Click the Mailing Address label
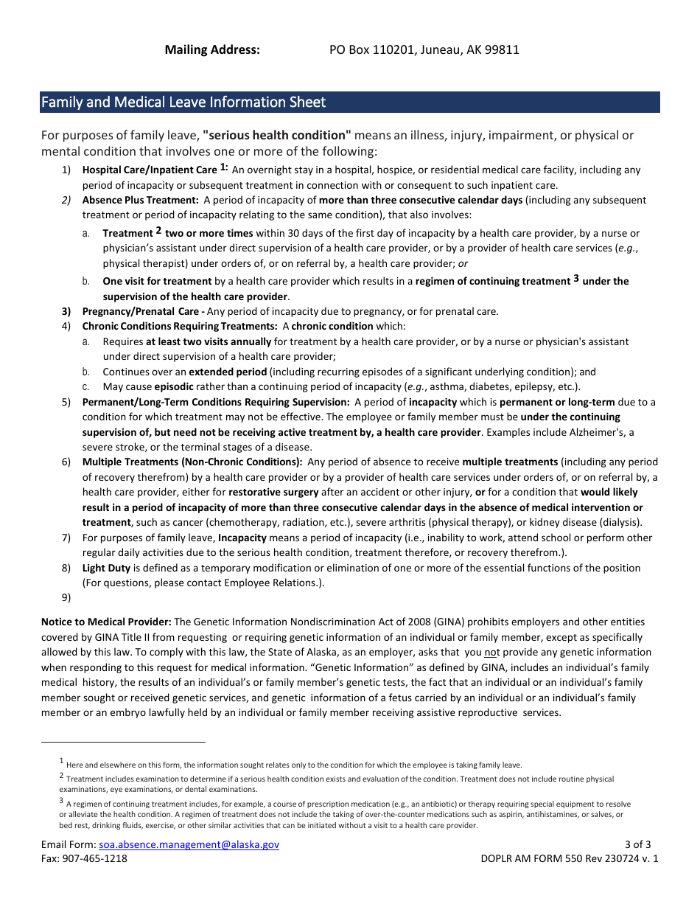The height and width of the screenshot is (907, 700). [x=212, y=50]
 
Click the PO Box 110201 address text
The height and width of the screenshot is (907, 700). [x=424, y=50]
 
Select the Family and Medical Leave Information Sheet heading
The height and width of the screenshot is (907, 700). [x=183, y=102]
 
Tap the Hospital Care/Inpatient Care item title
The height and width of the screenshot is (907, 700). [x=150, y=170]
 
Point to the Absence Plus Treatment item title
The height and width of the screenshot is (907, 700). [x=140, y=201]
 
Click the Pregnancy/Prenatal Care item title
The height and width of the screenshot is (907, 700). [x=140, y=311]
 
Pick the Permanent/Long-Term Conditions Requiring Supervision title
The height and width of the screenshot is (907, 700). [x=216, y=403]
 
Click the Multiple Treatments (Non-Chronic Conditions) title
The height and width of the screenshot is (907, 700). [x=192, y=462]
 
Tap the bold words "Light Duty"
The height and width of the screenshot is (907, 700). [x=106, y=569]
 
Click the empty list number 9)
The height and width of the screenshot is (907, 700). [x=66, y=598]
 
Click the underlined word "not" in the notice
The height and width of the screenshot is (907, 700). [x=491, y=653]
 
